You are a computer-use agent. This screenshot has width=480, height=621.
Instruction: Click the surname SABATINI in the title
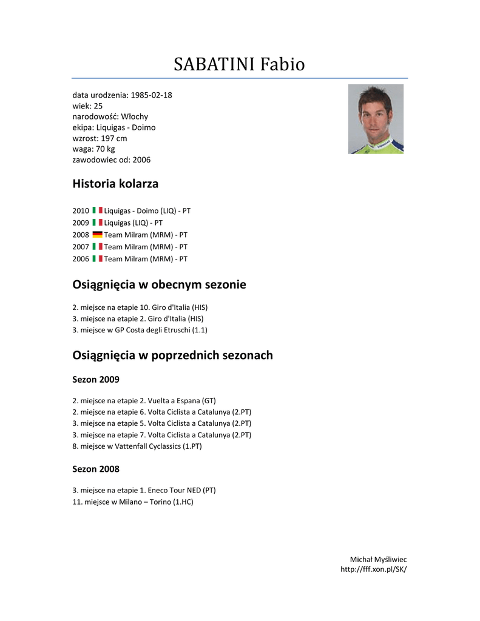(x=214, y=64)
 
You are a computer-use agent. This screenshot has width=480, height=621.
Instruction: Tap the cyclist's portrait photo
(x=376, y=119)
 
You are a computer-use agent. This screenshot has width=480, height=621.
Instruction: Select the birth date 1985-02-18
(x=152, y=95)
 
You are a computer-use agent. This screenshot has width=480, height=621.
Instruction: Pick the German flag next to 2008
(x=97, y=235)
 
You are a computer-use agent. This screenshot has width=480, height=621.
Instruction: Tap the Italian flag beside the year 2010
(x=97, y=210)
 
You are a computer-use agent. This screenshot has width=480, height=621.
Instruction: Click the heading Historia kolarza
(x=115, y=183)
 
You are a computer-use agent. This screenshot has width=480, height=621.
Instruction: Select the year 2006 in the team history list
(x=81, y=259)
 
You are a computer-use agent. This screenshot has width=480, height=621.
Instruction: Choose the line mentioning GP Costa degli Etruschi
(x=140, y=331)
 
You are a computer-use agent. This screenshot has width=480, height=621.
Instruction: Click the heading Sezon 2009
(x=96, y=380)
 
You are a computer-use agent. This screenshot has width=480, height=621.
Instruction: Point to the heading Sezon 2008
(x=96, y=469)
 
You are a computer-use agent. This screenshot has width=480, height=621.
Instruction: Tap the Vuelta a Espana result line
(x=144, y=401)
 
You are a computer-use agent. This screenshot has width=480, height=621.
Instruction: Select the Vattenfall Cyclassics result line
(x=137, y=446)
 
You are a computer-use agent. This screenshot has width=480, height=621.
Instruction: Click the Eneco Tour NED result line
(x=144, y=490)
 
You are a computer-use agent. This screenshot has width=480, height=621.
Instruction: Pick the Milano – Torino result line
(x=133, y=502)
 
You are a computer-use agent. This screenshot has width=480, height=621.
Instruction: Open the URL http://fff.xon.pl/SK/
(x=373, y=569)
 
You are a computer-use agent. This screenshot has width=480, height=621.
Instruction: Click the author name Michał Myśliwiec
(x=378, y=559)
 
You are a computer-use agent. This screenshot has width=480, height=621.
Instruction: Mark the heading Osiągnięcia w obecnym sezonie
(x=159, y=284)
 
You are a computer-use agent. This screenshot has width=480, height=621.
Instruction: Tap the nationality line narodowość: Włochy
(x=110, y=116)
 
